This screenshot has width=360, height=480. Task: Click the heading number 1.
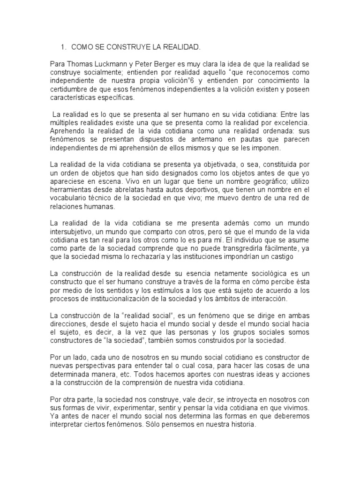(x=62, y=47)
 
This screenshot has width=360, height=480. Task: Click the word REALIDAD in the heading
(x=180, y=47)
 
